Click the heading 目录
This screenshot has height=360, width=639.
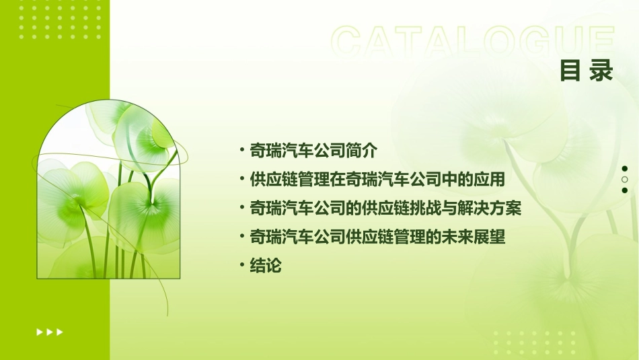coord(587,71)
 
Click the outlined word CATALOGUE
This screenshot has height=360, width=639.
coord(473,42)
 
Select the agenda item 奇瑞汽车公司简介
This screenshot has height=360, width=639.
coord(314,150)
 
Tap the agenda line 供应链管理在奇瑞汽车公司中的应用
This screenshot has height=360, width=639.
coord(377,180)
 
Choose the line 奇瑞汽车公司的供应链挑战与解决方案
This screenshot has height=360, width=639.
coord(385,209)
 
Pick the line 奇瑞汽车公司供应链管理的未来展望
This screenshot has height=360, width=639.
coord(377,238)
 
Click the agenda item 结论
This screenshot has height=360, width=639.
coord(265,266)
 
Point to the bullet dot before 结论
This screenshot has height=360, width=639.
coord(242,266)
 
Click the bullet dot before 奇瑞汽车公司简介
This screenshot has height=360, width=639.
coord(242,150)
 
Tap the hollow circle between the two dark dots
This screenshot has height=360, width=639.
coord(625,180)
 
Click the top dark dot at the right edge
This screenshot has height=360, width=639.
coord(625,169)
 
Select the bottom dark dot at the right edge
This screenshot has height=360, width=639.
coord(625,190)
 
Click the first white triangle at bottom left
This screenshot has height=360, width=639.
coord(39,332)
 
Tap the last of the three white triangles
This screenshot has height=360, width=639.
coord(60,332)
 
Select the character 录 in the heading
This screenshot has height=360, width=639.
coord(601,71)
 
